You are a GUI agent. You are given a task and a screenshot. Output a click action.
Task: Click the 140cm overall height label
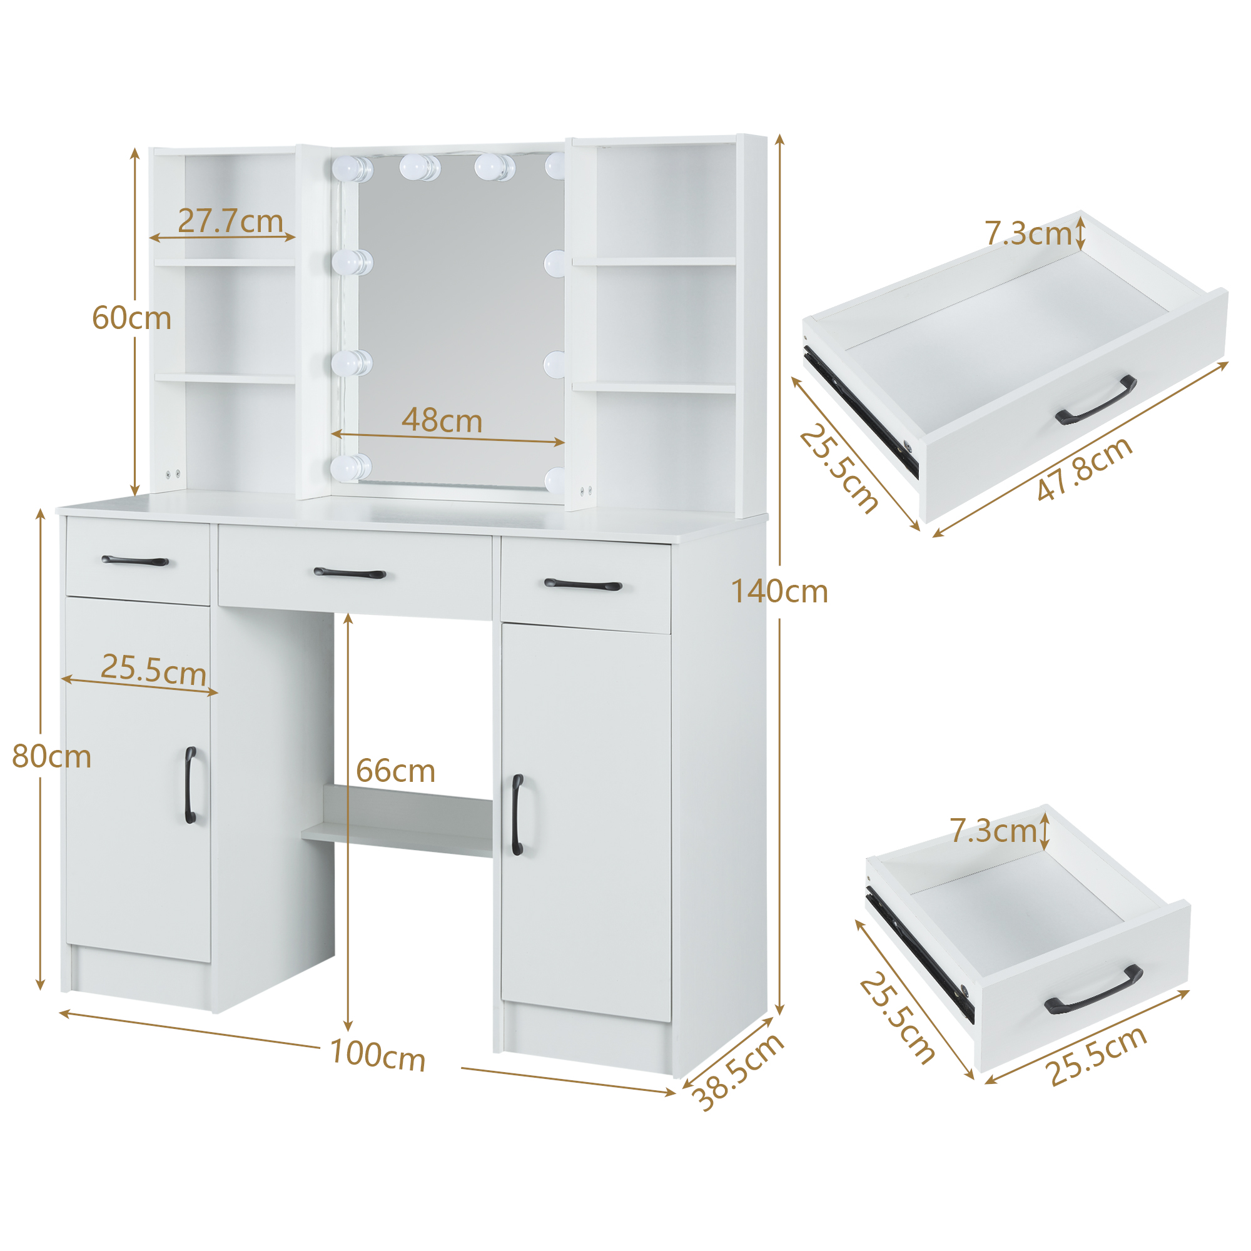point(779,592)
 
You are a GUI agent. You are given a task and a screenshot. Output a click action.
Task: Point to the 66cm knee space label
point(396,771)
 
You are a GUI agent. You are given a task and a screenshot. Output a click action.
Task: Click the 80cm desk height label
point(52,757)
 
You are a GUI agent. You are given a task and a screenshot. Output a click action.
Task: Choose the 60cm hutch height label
point(131,318)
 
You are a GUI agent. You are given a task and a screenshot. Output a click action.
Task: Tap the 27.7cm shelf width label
point(231,221)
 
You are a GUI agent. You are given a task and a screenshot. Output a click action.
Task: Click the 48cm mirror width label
point(442,421)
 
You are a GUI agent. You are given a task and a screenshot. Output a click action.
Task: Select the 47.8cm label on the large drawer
point(1085,470)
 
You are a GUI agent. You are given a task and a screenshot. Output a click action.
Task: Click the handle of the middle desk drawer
point(350,573)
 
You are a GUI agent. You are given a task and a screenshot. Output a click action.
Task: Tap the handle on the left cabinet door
point(190,786)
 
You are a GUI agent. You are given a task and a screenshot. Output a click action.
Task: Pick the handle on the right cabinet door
point(517,814)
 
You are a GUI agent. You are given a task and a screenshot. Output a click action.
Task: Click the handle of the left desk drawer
point(135,560)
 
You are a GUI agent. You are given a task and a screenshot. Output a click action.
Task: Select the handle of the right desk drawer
point(583,585)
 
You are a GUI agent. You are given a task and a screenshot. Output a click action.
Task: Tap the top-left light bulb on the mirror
point(352,168)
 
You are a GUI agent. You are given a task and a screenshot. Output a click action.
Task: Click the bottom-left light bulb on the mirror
point(352,467)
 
